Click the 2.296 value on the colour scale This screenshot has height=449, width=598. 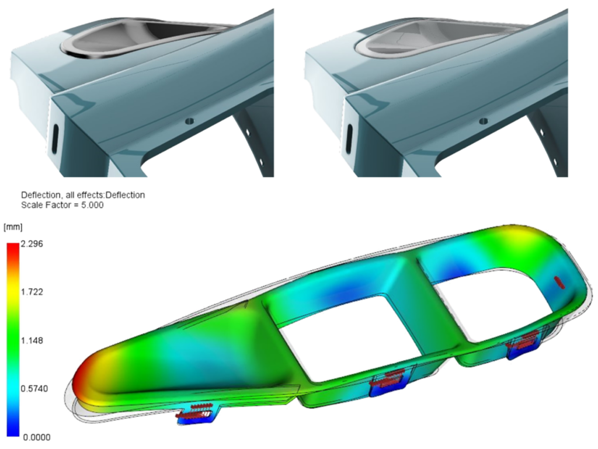point(32,243)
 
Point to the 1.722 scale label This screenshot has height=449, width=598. point(32,292)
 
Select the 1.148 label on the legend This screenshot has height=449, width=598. point(32,340)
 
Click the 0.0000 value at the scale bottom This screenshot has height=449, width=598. point(36,437)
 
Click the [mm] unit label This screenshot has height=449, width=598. point(13,227)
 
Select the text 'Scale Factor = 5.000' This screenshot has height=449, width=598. point(62,205)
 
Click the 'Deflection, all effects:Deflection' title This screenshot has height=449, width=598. point(83,195)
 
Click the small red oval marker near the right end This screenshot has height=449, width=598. point(560,282)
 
